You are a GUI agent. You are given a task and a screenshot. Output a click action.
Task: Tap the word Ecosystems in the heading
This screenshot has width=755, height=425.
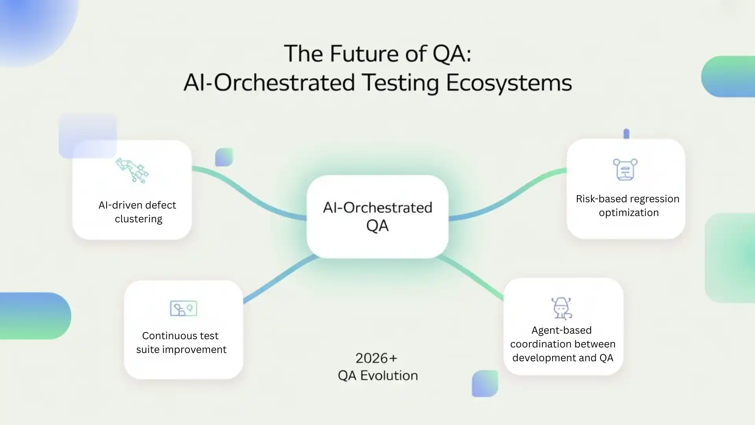(x=509, y=83)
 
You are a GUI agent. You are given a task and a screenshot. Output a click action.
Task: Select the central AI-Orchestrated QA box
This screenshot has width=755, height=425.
(x=377, y=216)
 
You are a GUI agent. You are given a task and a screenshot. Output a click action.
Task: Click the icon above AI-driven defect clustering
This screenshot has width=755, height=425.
(x=132, y=170)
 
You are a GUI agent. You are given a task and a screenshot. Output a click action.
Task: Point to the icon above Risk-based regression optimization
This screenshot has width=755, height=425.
(x=625, y=169)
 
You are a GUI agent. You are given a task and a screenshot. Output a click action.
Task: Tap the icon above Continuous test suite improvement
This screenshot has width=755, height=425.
(x=183, y=308)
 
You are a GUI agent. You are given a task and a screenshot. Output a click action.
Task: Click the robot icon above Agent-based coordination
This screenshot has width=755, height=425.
(x=562, y=308)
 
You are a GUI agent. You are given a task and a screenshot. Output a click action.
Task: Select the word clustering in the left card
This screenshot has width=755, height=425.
(x=138, y=219)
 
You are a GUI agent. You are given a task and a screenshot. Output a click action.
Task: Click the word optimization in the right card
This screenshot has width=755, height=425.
(x=628, y=213)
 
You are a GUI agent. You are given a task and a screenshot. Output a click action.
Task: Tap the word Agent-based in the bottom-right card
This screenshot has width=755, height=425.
(x=561, y=330)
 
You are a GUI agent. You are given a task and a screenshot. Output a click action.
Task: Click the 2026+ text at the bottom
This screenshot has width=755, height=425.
(x=376, y=358)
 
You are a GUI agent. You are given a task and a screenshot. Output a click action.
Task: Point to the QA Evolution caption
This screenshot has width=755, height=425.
(x=377, y=375)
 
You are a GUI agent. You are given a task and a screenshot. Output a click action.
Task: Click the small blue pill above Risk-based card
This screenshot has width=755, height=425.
(x=626, y=134)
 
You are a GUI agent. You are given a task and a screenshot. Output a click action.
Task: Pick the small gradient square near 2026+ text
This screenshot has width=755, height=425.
(x=484, y=383)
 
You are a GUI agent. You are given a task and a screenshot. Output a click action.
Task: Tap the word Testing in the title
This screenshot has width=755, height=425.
(x=400, y=83)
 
